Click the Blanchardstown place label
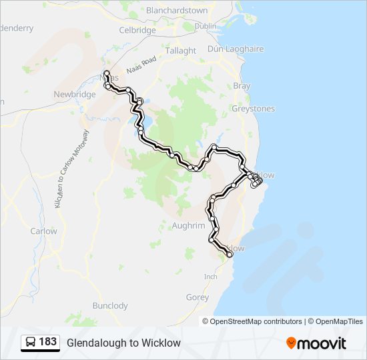pyautogui.click(x=177, y=10)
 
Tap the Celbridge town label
pyautogui.click(x=137, y=30)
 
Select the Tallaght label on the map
pyautogui.click(x=180, y=51)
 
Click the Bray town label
pyautogui.click(x=242, y=86)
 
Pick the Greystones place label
pyautogui.click(x=253, y=108)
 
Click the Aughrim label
pyautogui.click(x=189, y=226)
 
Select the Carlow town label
pyautogui.click(x=44, y=231)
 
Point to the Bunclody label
pyautogui.click(x=110, y=306)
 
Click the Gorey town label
pyautogui.click(x=198, y=298)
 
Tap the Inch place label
pyautogui.click(x=211, y=277)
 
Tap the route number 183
pyautogui.click(x=47, y=342)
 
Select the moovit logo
pyautogui.click(x=316, y=343)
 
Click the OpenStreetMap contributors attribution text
pyautogui.click(x=256, y=321)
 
